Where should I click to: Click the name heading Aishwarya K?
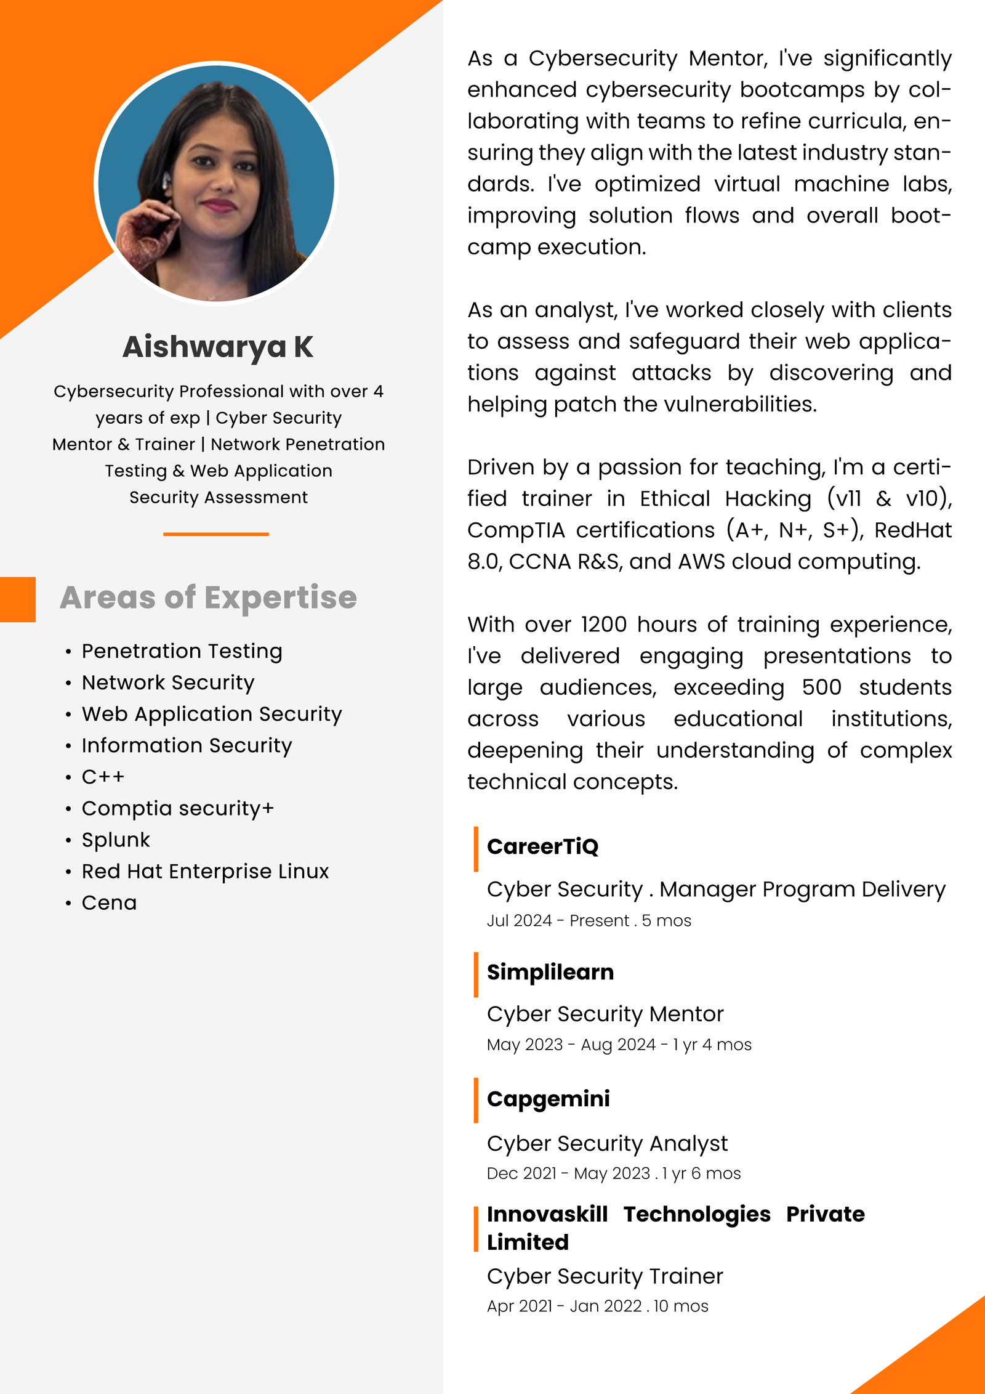click(x=218, y=347)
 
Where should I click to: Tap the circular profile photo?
click(x=216, y=183)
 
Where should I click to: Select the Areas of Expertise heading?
click(x=208, y=598)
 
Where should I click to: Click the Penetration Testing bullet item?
click(x=182, y=651)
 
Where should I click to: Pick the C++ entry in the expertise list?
click(x=103, y=777)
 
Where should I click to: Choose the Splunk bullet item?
click(x=116, y=840)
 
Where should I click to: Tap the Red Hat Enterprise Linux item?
click(x=205, y=871)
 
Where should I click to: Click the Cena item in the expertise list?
click(x=109, y=902)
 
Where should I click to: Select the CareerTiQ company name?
click(x=542, y=846)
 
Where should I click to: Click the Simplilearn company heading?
click(x=550, y=972)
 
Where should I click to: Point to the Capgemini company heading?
click(x=548, y=1098)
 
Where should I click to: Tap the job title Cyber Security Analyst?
click(x=607, y=1143)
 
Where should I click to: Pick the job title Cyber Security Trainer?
click(x=605, y=1276)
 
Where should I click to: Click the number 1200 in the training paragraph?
click(x=603, y=625)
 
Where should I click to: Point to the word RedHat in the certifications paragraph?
click(x=912, y=530)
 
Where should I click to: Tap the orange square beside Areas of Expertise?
click(x=17, y=599)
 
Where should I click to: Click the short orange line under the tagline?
click(x=216, y=534)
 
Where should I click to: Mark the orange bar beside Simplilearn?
click(x=476, y=974)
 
